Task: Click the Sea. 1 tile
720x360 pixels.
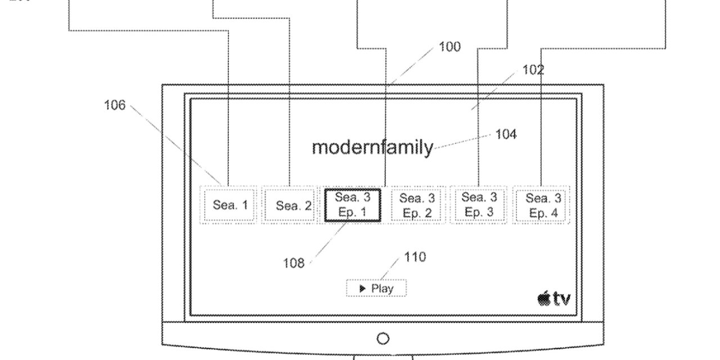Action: point(229,205)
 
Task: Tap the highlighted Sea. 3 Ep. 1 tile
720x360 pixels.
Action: point(353,205)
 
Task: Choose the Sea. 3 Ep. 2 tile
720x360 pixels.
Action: point(417,205)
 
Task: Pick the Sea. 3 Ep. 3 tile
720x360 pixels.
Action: point(479,205)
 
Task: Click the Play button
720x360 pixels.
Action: point(376,289)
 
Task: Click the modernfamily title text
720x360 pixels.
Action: point(372,147)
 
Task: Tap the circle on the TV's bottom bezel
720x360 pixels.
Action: point(382,339)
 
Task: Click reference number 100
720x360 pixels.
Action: point(449,47)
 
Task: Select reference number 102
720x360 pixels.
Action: point(533,70)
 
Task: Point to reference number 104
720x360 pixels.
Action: point(506,134)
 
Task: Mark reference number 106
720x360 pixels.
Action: point(115,105)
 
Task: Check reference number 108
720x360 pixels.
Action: point(294,263)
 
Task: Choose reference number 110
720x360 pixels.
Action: point(415,257)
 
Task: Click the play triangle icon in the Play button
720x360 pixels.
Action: point(363,289)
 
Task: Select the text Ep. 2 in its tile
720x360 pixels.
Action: point(417,213)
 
